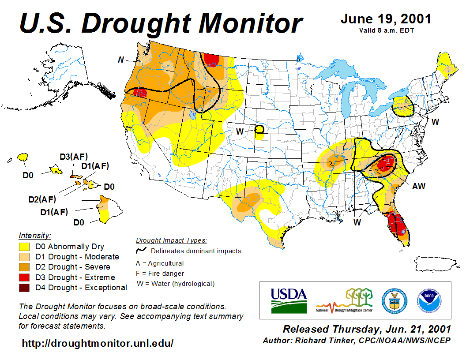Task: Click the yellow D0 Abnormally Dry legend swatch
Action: click(24, 247)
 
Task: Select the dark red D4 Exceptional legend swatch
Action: click(24, 288)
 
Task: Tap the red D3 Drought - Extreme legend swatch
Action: click(24, 277)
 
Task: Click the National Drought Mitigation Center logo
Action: click(344, 300)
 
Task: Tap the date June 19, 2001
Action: click(386, 19)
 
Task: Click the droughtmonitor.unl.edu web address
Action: click(98, 343)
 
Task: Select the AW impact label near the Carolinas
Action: click(418, 186)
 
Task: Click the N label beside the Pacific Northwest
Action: click(120, 60)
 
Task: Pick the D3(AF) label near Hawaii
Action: click(74, 157)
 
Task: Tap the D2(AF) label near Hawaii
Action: click(42, 199)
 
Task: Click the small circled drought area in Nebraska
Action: click(259, 129)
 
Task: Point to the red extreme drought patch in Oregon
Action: click(141, 92)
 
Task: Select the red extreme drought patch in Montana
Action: click(212, 59)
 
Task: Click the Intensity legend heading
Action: click(35, 235)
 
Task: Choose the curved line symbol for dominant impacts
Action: click(141, 251)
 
